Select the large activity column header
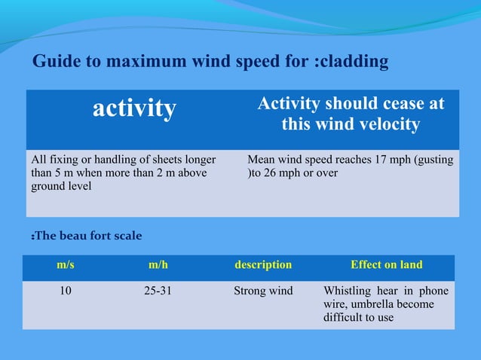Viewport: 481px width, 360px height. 134,109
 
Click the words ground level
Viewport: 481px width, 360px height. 61,187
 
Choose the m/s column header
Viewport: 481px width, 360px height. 66,265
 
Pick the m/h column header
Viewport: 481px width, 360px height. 158,265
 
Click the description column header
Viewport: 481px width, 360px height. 263,265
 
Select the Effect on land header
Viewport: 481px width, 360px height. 387,265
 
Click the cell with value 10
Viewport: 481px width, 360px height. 66,291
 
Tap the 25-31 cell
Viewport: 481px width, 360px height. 158,291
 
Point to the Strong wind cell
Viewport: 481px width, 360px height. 263,291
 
